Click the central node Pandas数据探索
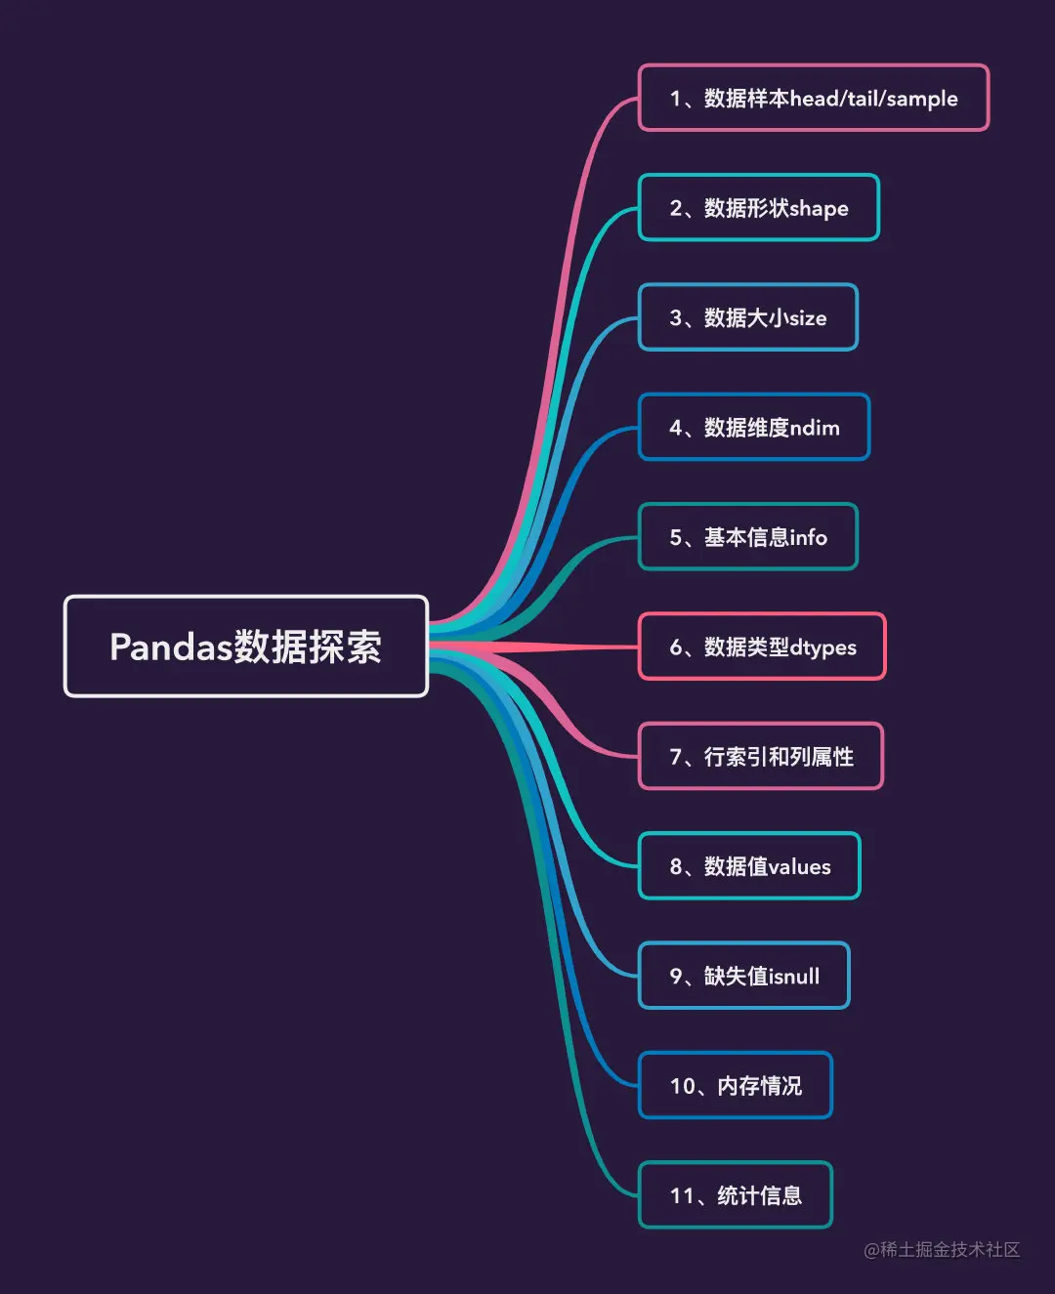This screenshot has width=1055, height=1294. tap(245, 647)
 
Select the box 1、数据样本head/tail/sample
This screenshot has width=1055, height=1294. tap(813, 98)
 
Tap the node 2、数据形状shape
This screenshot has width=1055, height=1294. tap(758, 208)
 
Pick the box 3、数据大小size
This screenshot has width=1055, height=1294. tap(747, 317)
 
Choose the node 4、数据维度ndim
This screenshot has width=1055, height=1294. tap(753, 428)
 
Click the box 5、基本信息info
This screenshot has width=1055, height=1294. tap(747, 537)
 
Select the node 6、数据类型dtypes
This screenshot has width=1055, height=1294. tap(761, 647)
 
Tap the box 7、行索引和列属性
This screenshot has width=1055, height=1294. tap(760, 757)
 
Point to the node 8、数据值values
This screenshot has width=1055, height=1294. tap(749, 866)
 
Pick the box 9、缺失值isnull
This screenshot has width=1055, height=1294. tap(743, 976)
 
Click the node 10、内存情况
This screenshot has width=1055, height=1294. tap(735, 1086)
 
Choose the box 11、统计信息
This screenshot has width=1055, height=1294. tap(735, 1195)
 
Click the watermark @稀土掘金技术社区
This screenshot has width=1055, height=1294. tap(942, 1250)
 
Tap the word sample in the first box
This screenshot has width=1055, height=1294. tap(921, 99)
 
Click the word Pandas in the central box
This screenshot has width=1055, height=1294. tap(171, 647)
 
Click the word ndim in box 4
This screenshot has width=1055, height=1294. tap(815, 428)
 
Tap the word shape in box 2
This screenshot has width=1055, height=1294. tap(819, 209)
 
